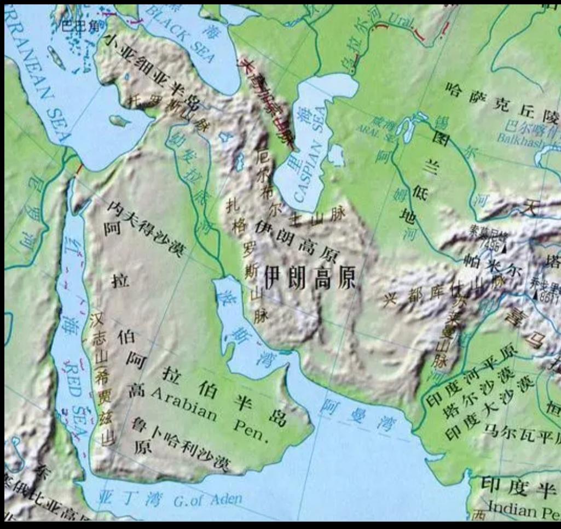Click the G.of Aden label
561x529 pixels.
tap(207, 499)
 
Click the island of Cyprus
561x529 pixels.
tap(120, 120)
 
